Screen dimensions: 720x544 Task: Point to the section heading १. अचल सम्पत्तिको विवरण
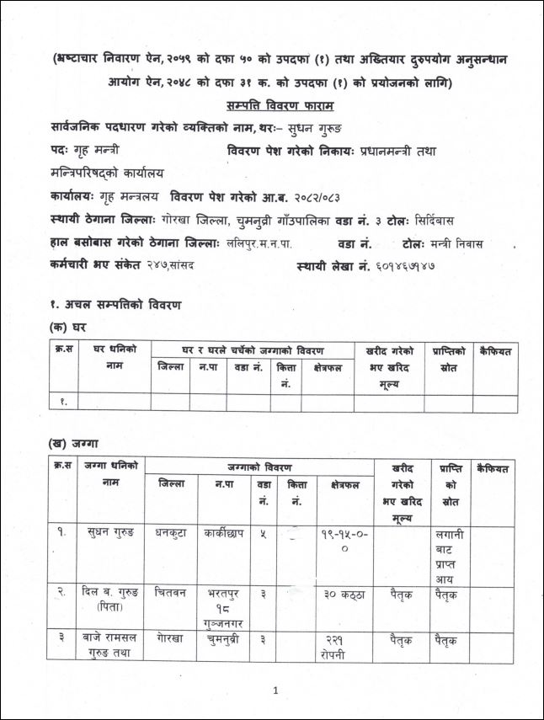(x=116, y=304)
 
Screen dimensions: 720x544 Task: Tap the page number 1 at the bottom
(x=275, y=691)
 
